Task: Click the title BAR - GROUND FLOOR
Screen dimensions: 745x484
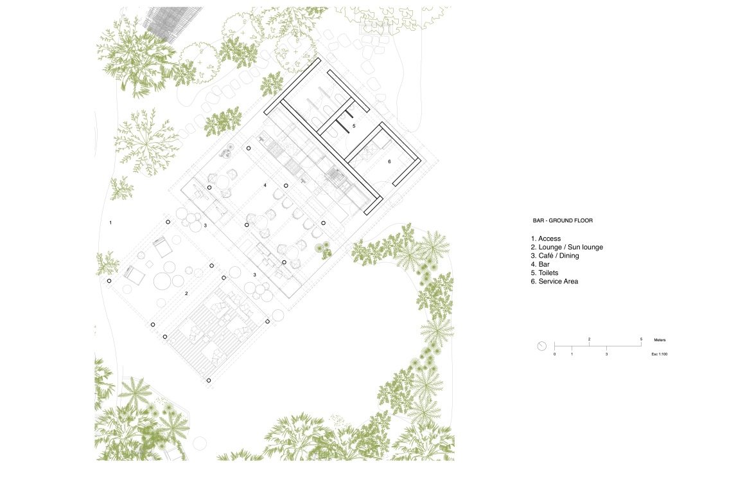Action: click(563, 220)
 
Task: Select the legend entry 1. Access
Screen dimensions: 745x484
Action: click(546, 238)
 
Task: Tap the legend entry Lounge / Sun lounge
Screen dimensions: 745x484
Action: click(570, 247)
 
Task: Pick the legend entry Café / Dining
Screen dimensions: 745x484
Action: click(559, 256)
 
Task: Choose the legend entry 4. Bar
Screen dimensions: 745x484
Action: click(540, 264)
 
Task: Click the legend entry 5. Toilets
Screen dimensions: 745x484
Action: click(545, 273)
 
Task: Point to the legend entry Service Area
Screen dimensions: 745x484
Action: click(558, 282)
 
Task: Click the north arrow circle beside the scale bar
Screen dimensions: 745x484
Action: click(541, 346)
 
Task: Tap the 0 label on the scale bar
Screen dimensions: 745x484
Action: click(554, 354)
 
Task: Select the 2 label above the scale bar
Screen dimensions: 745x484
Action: click(589, 339)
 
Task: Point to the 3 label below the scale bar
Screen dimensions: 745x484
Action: click(606, 354)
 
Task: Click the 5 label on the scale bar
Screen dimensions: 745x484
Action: click(641, 339)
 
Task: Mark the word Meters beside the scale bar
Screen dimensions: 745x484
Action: click(660, 340)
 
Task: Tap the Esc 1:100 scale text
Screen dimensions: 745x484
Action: click(660, 354)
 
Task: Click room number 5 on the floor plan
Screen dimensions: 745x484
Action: click(354, 126)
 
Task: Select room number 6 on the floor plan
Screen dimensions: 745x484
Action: click(389, 161)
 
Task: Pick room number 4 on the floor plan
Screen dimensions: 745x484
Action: click(265, 185)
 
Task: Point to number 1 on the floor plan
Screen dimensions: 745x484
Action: click(110, 222)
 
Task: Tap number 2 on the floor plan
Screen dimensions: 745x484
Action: click(186, 293)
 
